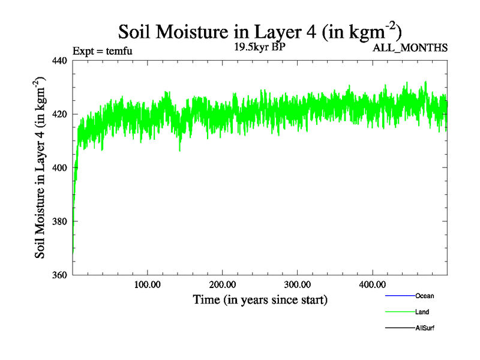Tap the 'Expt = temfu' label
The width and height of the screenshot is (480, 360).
coord(102,50)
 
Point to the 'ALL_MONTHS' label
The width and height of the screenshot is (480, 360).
coord(410,48)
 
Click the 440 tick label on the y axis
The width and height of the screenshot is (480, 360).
coord(60,61)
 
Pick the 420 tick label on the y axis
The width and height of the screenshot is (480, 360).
coord(60,114)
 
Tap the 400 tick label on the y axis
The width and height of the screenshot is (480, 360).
coord(60,168)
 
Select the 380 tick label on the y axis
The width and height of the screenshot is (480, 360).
coord(60,221)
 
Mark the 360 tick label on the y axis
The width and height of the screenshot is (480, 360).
coord(60,275)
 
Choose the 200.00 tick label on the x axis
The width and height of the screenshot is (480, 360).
coord(222,284)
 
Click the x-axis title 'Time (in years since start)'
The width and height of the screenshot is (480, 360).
coord(260,299)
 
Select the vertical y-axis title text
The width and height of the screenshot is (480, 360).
coord(40,167)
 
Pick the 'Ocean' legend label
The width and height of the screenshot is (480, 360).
coord(425,296)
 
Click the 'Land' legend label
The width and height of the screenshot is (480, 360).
coord(422,312)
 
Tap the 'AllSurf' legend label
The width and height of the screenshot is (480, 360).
coord(425,328)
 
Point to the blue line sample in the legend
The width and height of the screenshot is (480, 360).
coord(400,296)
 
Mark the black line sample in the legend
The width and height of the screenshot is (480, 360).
coord(400,328)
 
